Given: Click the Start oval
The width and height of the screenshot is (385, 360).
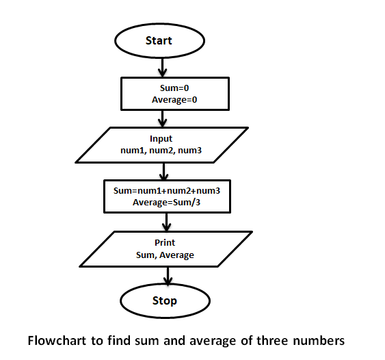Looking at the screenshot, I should tap(159, 40).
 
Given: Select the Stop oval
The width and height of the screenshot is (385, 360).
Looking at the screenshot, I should tap(164, 300).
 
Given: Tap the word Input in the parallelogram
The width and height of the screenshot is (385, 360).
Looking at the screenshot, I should tap(161, 139).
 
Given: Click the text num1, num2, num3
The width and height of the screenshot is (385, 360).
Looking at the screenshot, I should tap(161, 151).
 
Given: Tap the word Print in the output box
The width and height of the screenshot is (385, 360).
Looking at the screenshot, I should tap(165, 243).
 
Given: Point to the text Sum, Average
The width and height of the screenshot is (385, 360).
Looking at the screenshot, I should tap(165, 255).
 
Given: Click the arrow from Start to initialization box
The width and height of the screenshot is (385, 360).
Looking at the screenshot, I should tap(162, 67).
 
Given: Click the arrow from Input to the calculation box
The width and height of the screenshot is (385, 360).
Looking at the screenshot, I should tap(164, 171).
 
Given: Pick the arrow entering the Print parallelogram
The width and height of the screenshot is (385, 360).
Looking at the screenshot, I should tap(166, 222).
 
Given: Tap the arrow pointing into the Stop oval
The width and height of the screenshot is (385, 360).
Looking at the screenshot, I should tap(167, 275).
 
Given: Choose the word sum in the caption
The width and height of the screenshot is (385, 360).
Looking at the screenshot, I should tap(145, 339).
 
